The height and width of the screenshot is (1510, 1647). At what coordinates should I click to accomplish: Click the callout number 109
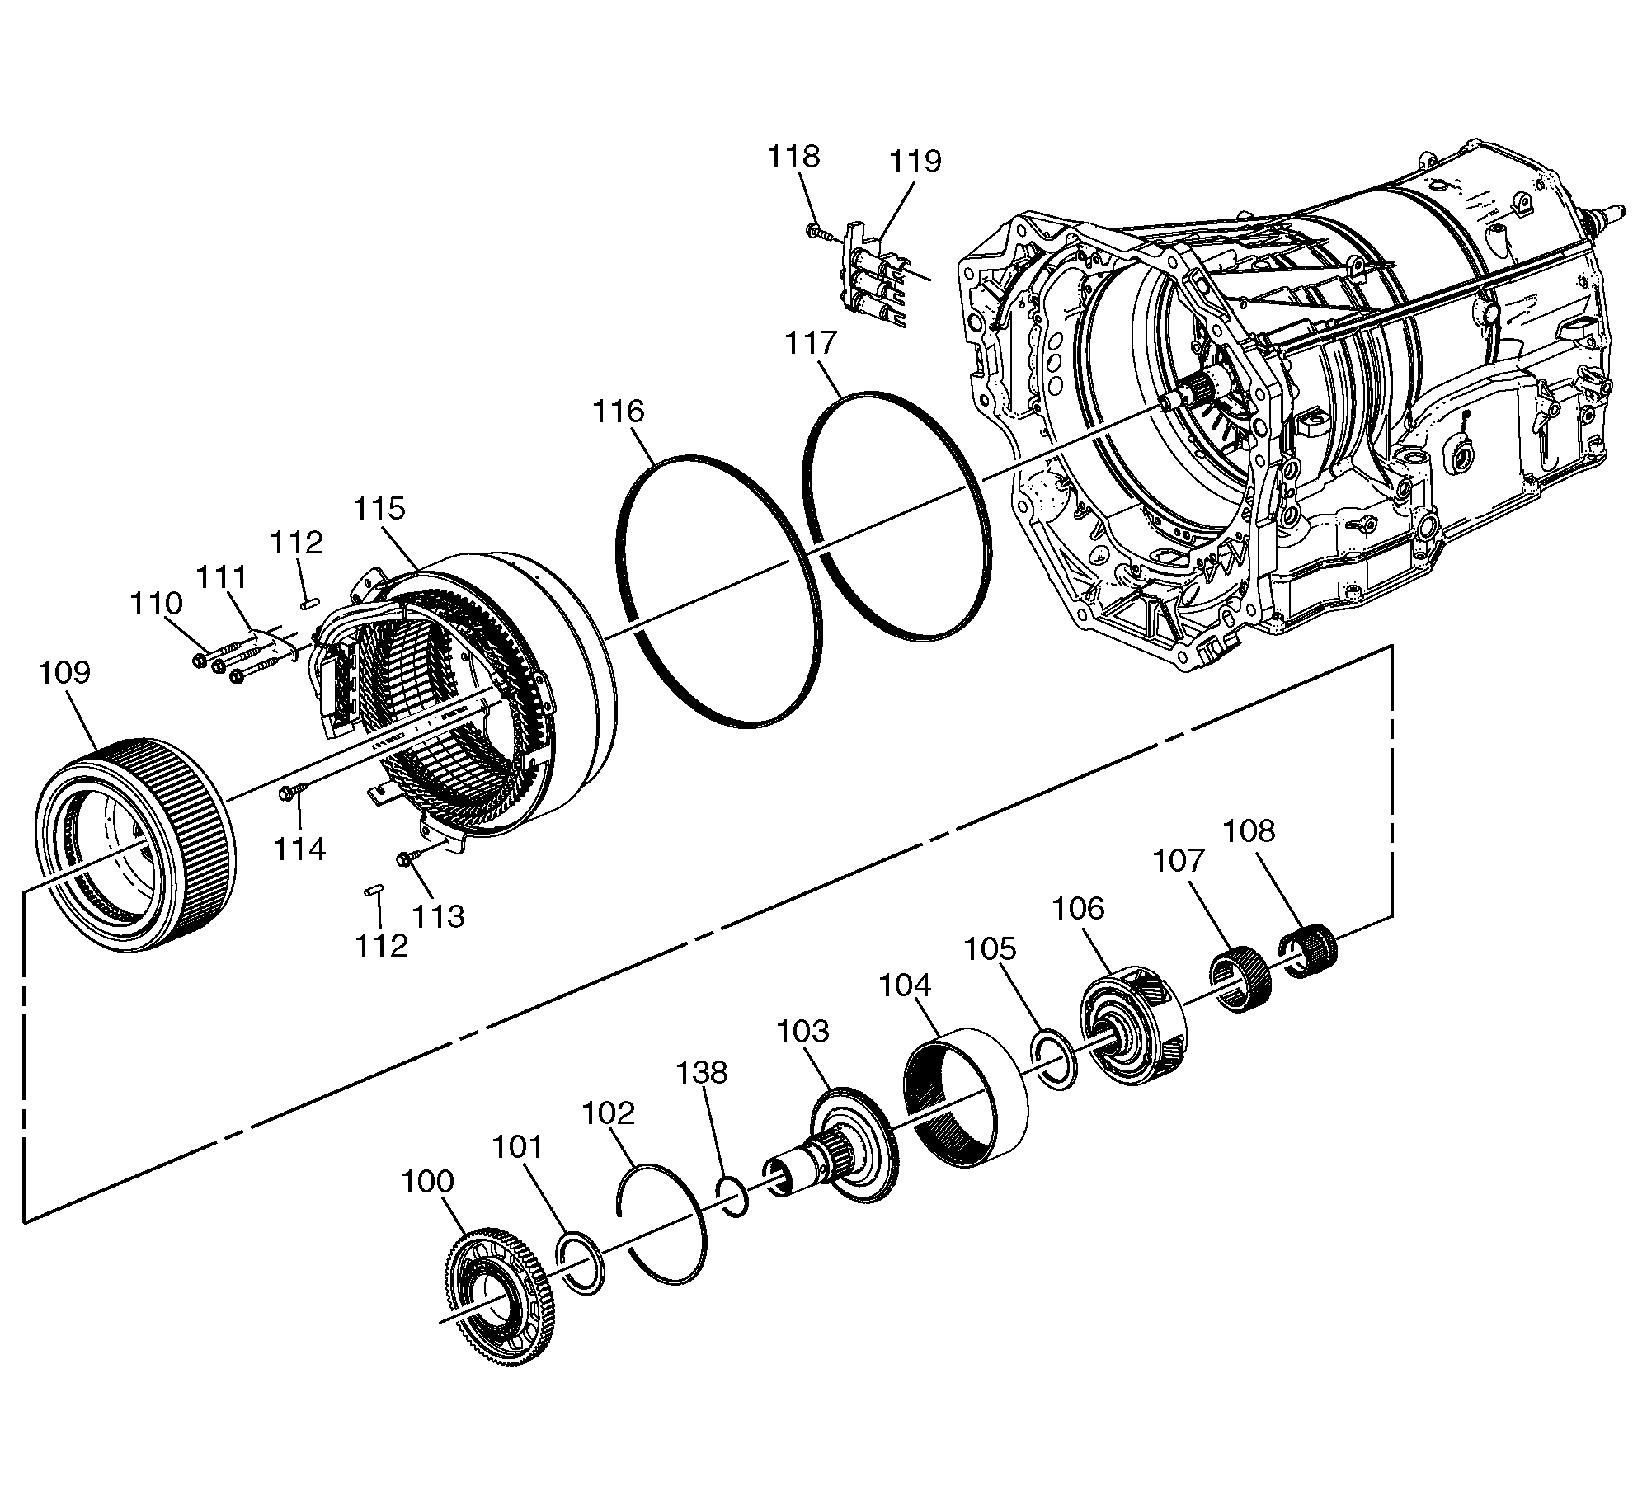tap(64, 672)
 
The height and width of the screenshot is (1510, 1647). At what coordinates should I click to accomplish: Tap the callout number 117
tap(811, 342)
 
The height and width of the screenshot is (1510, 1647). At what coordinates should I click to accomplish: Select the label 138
tap(702, 1072)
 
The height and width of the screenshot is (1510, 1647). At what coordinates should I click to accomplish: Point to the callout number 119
tap(915, 161)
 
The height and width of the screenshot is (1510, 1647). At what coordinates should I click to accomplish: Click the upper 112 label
tap(297, 543)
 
